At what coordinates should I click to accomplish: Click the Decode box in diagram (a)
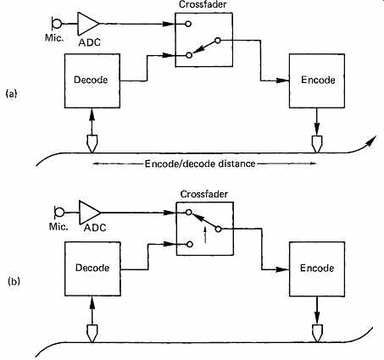tap(92, 80)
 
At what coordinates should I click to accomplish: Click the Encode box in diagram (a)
tap(317, 80)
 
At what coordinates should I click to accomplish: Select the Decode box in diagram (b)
tap(92, 269)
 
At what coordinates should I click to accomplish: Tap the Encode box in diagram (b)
tap(317, 269)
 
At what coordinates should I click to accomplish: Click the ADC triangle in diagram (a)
tap(88, 24)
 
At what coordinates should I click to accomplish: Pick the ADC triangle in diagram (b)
tap(90, 212)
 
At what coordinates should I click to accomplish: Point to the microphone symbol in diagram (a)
tap(56, 24)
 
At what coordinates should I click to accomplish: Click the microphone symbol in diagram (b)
tap(58, 212)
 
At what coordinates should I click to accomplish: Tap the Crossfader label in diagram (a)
tap(203, 5)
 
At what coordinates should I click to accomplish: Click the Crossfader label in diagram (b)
tap(204, 194)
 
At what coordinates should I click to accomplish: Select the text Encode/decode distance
tap(200, 163)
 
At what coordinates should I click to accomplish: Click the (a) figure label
tap(12, 93)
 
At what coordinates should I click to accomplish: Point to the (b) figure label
tap(14, 281)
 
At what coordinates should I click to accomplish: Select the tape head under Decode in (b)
tap(92, 333)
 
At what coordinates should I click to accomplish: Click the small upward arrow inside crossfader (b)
tap(205, 235)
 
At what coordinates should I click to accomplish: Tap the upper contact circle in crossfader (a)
tap(188, 24)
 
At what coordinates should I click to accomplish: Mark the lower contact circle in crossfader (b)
tap(190, 244)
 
